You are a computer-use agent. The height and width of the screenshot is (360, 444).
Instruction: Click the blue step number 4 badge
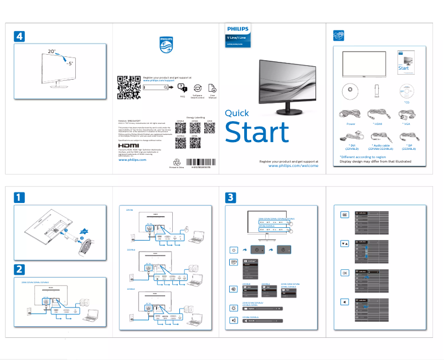[x=19, y=36]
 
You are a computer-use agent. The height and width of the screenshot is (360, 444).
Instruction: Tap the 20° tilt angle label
[x=51, y=51]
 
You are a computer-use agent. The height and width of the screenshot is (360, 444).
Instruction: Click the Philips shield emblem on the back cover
[x=166, y=44]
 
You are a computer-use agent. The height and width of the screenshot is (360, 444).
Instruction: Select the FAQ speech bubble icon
[x=183, y=88]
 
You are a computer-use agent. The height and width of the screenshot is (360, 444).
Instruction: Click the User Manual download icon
[x=212, y=88]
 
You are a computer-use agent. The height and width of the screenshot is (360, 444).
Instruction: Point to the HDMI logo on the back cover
[x=131, y=147]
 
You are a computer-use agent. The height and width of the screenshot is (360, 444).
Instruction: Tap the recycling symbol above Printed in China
[x=177, y=163]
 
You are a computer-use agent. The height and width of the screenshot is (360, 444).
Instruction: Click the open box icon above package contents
[x=338, y=36]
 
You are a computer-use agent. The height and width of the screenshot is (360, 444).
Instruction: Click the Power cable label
[x=350, y=124]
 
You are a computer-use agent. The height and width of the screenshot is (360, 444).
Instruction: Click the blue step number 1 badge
[x=19, y=197]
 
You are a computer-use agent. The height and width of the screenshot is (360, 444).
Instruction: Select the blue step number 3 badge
[x=231, y=197]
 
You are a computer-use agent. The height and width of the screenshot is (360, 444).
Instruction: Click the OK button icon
[x=344, y=273]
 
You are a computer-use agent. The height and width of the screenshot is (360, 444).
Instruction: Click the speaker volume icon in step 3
[x=234, y=320]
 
